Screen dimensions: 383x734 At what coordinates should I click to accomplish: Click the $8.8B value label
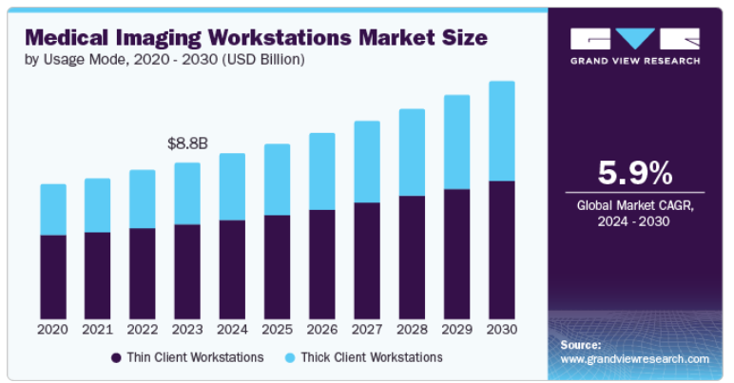click(x=187, y=144)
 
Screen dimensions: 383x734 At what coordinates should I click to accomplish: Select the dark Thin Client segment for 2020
click(x=53, y=277)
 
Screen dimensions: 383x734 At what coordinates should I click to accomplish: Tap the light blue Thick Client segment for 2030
click(x=501, y=131)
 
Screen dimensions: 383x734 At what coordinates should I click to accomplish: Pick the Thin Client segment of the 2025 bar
click(x=277, y=267)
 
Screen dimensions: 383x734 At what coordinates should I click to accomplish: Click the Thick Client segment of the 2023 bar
click(x=187, y=194)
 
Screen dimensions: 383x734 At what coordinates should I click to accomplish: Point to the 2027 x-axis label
click(x=367, y=330)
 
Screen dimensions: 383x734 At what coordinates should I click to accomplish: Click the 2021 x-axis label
click(x=98, y=330)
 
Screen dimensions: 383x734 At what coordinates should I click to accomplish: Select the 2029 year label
click(x=456, y=330)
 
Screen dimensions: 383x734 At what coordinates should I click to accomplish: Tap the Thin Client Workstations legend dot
click(x=117, y=358)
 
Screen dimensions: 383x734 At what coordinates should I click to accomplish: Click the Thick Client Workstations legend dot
click(x=290, y=358)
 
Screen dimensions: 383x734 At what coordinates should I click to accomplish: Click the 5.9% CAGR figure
click(x=635, y=173)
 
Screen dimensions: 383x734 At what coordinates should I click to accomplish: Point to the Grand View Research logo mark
click(x=635, y=39)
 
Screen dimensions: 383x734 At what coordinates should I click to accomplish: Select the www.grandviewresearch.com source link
click(x=635, y=359)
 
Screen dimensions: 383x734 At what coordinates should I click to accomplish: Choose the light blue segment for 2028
click(x=412, y=152)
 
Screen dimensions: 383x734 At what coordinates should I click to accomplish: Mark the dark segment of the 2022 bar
click(x=143, y=274)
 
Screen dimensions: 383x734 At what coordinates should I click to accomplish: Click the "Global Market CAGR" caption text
click(x=635, y=205)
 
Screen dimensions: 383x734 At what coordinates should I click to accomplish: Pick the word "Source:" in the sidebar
click(x=581, y=344)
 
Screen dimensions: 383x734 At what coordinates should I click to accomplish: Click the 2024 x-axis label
click(x=232, y=330)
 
